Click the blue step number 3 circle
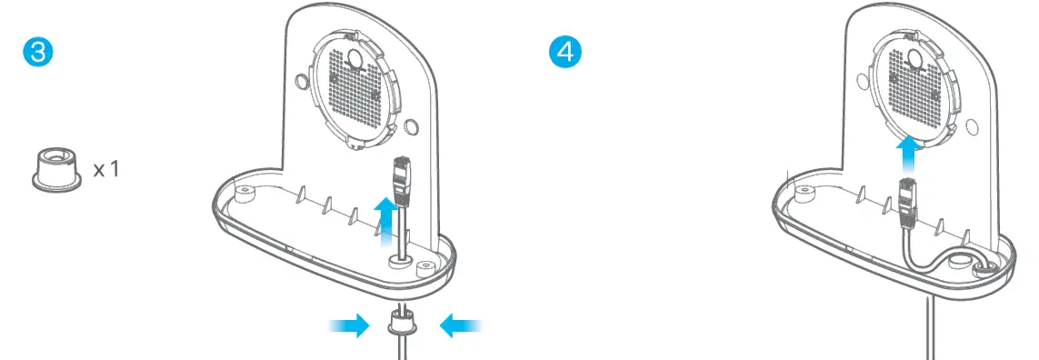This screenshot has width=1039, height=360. coord(37,52)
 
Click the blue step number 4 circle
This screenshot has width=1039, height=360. coord(564,52)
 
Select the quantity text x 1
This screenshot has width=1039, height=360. coord(105,170)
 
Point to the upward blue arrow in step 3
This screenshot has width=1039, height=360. coord(387,217)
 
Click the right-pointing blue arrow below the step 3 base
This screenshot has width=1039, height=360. coord(348,325)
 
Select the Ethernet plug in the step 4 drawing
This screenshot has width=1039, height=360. coord(907,201)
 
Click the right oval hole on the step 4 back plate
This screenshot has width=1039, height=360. coord(970,125)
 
